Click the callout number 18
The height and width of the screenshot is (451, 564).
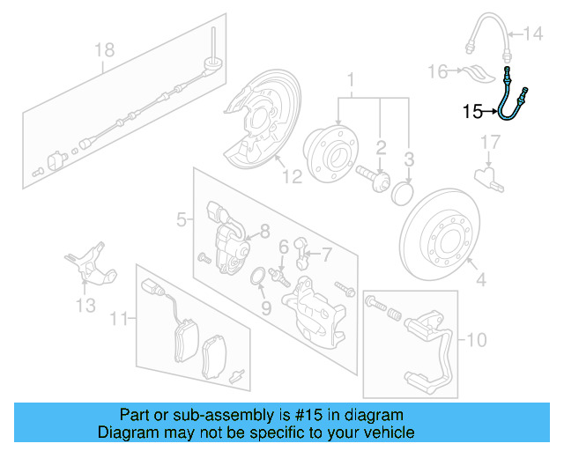pyautogui.click(x=105, y=50)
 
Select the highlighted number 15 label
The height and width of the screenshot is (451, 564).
pyautogui.click(x=472, y=112)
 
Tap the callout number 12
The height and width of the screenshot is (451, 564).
pyautogui.click(x=292, y=176)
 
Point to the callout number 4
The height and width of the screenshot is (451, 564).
pyautogui.click(x=481, y=282)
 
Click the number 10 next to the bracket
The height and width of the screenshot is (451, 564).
pyautogui.click(x=476, y=338)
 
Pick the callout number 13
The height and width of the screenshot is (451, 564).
pyautogui.click(x=85, y=306)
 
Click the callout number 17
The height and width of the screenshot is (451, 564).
pyautogui.click(x=491, y=142)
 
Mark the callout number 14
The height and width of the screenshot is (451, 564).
pyautogui.click(x=534, y=35)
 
